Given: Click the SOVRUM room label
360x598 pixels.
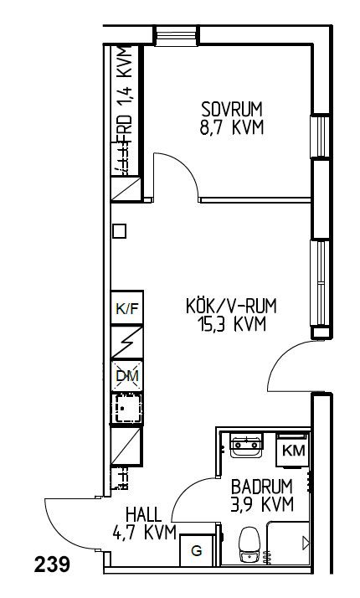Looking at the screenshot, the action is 232,110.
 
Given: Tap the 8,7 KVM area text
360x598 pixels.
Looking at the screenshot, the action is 232,127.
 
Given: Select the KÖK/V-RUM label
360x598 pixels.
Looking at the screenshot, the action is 231,306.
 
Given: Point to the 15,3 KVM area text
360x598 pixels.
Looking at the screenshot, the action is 231,325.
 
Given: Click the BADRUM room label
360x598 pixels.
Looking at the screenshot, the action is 262,487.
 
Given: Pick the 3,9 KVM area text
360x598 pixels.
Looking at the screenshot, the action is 262,504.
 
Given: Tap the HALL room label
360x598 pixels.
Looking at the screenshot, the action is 144,515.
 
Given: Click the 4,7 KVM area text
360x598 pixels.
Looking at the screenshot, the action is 145,533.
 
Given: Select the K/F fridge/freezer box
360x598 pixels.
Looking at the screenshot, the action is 127,307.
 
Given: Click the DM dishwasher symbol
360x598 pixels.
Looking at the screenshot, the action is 127,376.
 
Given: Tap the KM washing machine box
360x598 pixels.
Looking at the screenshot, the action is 293,451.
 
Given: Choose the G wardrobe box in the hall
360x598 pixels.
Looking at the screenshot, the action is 197,550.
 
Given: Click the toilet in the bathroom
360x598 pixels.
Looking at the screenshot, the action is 249,544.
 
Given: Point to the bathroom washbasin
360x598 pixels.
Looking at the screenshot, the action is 246,446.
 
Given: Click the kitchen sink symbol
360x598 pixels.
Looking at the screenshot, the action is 127,409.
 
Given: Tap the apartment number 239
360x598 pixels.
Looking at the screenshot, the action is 52,564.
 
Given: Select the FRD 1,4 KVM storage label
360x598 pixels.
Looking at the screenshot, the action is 125,95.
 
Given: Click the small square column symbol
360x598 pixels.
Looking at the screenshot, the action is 120,231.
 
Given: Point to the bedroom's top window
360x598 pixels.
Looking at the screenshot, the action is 177,36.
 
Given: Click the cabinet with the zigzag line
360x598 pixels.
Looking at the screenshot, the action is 127,342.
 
